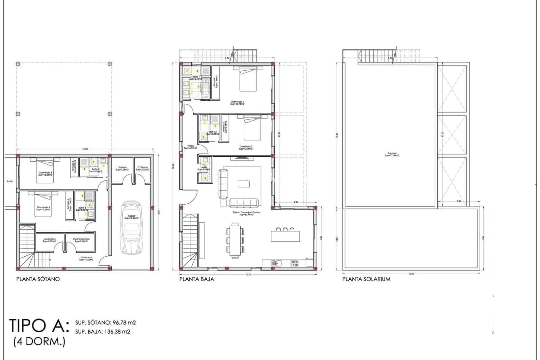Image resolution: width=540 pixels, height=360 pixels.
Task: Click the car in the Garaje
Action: point(131,228)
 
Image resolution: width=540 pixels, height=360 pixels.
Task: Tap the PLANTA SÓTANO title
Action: point(38,279)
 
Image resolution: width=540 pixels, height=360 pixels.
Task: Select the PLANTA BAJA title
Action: point(197,279)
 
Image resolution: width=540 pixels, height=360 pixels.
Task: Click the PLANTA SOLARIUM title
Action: point(366,279)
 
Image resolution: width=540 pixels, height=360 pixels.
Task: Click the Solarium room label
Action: point(391,155)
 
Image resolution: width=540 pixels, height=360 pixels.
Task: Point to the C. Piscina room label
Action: point(142,169)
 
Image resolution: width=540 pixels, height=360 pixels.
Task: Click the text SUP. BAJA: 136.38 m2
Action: point(103,332)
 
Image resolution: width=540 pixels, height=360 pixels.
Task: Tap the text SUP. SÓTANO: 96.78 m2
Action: point(105,323)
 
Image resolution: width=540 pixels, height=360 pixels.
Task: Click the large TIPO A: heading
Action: point(39,326)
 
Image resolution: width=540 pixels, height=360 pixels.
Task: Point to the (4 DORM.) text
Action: point(39,342)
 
